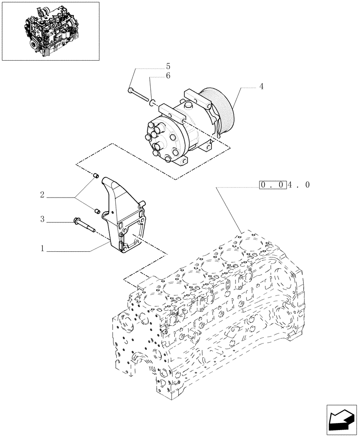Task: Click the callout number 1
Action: [x=42, y=249]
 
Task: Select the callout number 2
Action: [x=42, y=195]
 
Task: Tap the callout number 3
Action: [x=42, y=219]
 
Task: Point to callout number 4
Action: [x=261, y=87]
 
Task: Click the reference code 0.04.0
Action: [x=284, y=185]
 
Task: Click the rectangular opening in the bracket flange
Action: [x=131, y=240]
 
